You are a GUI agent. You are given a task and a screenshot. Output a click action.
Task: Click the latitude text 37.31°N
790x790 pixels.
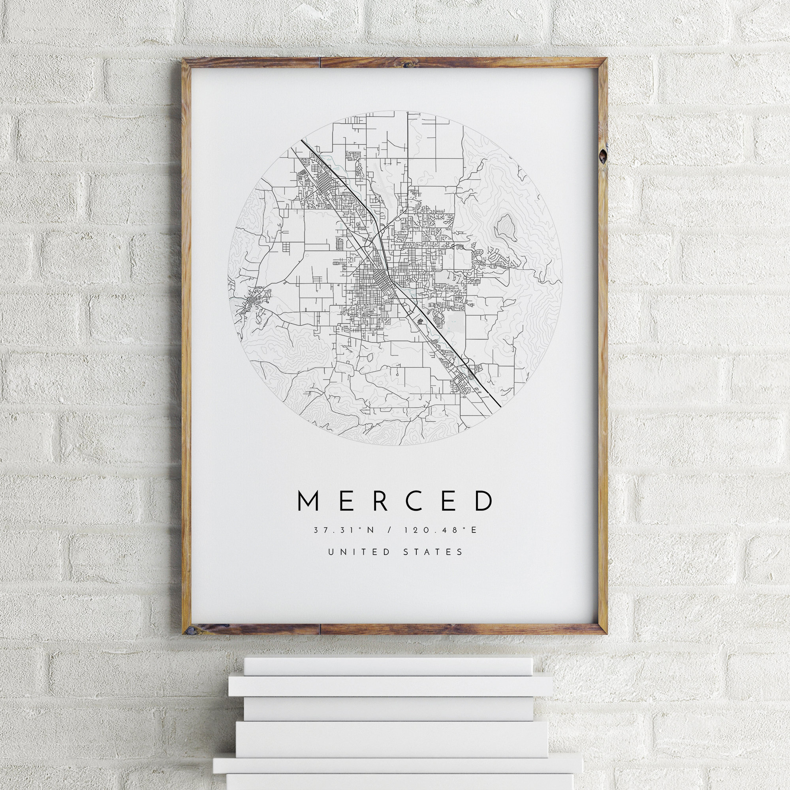pos(342,530)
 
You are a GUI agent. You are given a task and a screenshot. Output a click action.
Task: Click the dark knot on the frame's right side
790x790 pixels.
pos(602,156)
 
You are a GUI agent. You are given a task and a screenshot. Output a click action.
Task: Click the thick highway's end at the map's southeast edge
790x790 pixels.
pos(500,406)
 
